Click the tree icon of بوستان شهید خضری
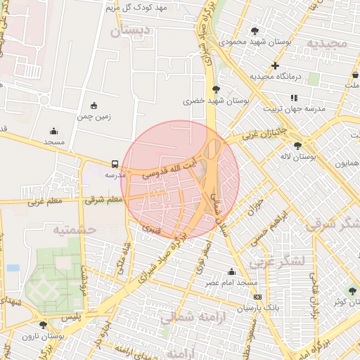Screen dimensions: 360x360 pos(215,89)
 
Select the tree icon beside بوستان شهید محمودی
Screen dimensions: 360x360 pos(254,31)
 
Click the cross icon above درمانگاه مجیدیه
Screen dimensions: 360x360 pos(275,65)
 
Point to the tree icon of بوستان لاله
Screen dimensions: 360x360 pos(297,146)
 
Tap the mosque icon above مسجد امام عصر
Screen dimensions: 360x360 pos(231,272)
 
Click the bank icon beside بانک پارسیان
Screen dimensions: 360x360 pos(257,297)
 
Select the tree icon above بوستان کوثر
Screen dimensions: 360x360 pos(352,291)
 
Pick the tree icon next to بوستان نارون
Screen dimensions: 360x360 pos(44,325)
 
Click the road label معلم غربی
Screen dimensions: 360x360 pos(46,202)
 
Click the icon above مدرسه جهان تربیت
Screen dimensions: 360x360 pos(294,98)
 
